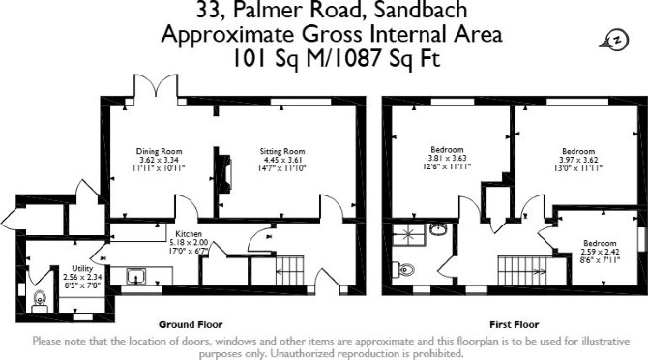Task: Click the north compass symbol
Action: tap(614, 41)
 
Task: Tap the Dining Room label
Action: tap(160, 151)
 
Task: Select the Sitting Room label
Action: tap(282, 151)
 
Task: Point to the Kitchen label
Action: tap(189, 234)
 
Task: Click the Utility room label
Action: tap(82, 269)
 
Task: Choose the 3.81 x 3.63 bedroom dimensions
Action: tap(447, 158)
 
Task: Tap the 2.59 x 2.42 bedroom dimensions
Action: tap(600, 252)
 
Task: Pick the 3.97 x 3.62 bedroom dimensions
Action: tap(578, 160)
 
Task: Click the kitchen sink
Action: tap(136, 276)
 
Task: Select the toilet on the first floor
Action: tap(403, 270)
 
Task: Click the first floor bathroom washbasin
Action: tap(438, 229)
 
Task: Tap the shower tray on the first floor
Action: tap(409, 234)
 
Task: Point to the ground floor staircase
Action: tap(289, 271)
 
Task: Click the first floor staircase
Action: tap(521, 271)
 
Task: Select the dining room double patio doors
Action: tap(156, 87)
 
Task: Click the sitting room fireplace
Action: tap(224, 173)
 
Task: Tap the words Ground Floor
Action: tap(191, 325)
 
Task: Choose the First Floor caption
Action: tap(515, 325)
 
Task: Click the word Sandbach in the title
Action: tap(421, 10)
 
